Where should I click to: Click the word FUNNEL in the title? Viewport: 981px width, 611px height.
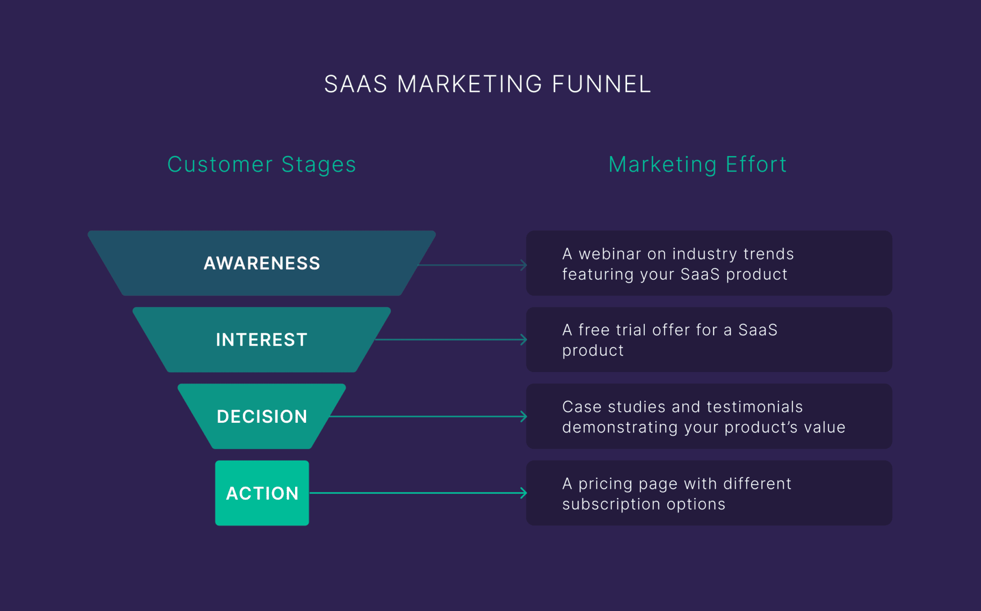[601, 84]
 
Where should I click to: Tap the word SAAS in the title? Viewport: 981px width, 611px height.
[355, 84]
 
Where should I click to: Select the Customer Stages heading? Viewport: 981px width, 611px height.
[262, 165]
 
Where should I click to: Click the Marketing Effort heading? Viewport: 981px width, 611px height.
[697, 165]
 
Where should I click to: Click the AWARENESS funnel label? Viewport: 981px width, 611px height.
[262, 263]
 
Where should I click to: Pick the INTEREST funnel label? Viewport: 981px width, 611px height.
[262, 340]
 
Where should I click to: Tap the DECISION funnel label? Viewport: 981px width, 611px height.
[262, 417]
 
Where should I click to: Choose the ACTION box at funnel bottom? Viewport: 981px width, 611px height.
[262, 493]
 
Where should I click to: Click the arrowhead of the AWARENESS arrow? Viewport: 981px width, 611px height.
[525, 265]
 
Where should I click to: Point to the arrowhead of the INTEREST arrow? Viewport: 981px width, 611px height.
[525, 340]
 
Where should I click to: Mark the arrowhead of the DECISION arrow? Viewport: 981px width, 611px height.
[525, 417]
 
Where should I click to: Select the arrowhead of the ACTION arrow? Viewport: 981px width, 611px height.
[525, 493]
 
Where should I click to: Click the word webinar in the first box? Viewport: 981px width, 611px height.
[609, 254]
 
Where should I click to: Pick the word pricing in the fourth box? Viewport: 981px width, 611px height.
[605, 484]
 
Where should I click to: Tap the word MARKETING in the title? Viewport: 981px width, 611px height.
[469, 84]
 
